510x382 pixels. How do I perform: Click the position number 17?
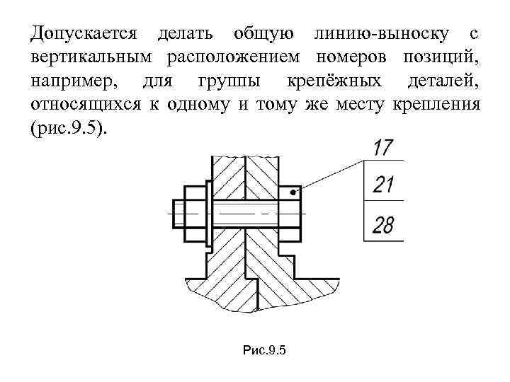tap(382, 149)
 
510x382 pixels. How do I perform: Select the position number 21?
tap(382, 185)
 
